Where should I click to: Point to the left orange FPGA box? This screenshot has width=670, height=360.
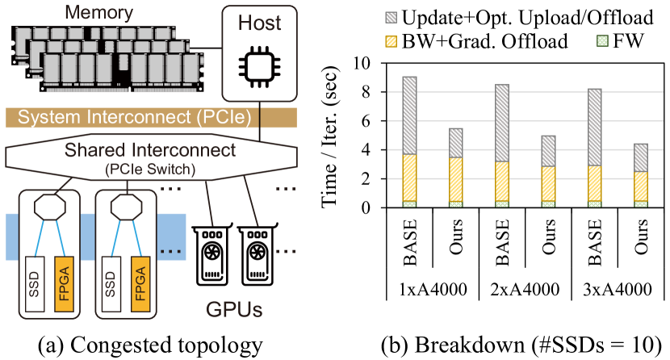(x=64, y=286)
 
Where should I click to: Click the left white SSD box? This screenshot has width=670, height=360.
(x=33, y=286)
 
